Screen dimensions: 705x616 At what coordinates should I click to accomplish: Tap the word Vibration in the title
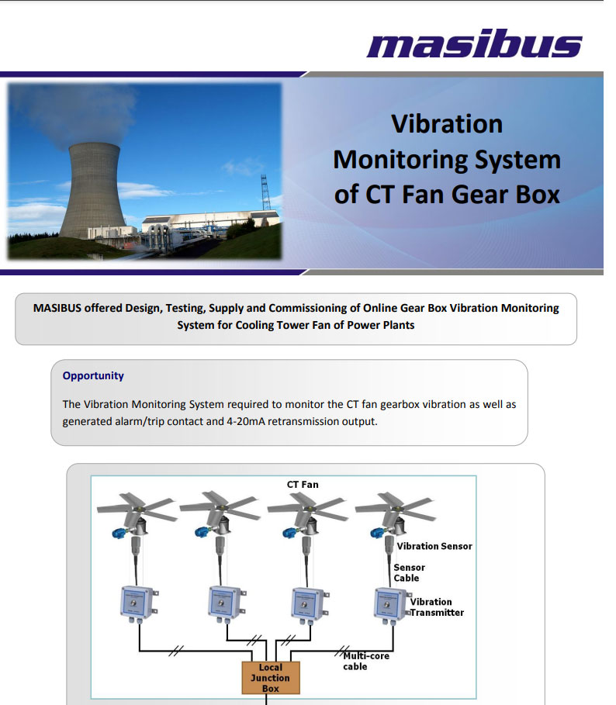pos(446,124)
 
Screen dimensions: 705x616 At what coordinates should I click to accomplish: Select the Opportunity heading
pos(93,375)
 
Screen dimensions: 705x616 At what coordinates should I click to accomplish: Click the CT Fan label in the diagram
pos(303,484)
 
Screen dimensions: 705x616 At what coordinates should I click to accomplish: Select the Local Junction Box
pos(271,677)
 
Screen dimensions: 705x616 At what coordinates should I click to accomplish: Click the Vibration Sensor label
pos(434,546)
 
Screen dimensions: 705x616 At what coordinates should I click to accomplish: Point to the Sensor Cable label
pos(409,572)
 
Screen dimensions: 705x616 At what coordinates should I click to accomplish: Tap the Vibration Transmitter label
pos(437,607)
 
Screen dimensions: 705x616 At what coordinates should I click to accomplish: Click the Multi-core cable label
pos(366,661)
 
